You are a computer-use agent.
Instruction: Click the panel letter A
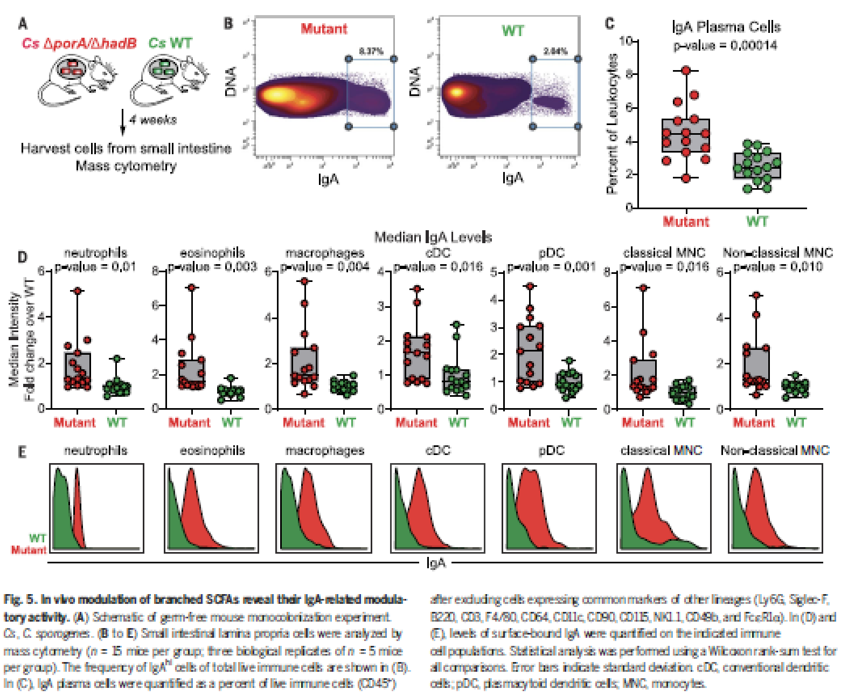click(23, 24)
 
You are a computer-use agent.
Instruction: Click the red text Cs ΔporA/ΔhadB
click(79, 43)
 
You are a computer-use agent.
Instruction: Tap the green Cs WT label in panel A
click(170, 43)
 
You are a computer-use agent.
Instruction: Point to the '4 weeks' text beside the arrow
click(153, 120)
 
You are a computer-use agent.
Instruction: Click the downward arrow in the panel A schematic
click(123, 123)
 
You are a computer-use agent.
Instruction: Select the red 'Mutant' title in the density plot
click(324, 29)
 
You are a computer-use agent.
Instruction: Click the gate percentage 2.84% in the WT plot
click(555, 51)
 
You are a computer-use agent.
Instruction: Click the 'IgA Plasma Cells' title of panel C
click(726, 27)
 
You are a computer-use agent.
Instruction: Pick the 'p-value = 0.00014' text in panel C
click(725, 45)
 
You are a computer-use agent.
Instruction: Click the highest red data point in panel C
click(686, 70)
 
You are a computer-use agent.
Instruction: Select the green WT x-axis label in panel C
click(757, 221)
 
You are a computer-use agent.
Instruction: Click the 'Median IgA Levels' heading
click(433, 237)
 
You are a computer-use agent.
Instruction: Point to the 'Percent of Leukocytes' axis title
click(611, 124)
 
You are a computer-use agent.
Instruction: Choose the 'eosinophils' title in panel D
click(212, 253)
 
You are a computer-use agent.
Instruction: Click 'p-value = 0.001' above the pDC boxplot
click(551, 266)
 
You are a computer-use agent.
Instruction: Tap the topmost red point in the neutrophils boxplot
click(78, 291)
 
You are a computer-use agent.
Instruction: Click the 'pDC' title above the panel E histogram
click(551, 450)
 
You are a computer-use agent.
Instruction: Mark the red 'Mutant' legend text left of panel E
click(29, 550)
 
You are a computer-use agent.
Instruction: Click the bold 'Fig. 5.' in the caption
click(20, 599)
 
